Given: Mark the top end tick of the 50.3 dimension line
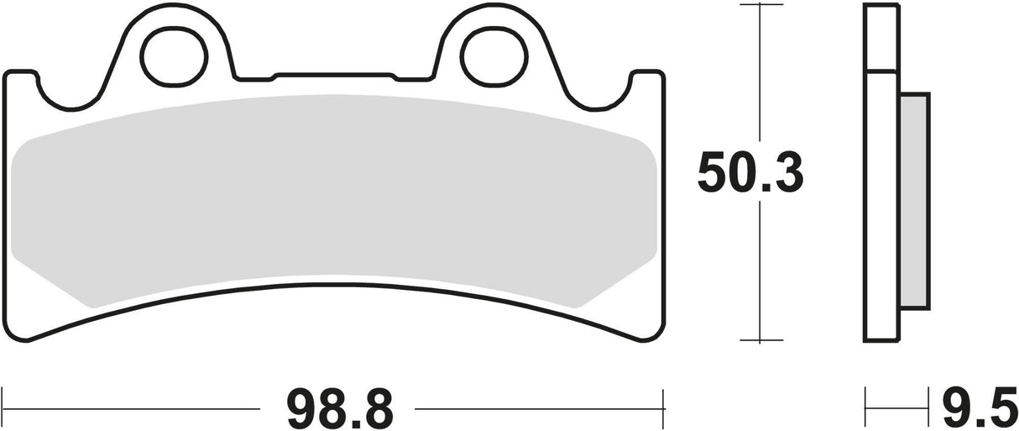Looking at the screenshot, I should pyautogui.click(x=760, y=4).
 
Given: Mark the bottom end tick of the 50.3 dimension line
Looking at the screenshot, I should pyautogui.click(x=760, y=341).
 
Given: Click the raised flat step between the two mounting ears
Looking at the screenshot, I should pyautogui.click(x=333, y=78).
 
